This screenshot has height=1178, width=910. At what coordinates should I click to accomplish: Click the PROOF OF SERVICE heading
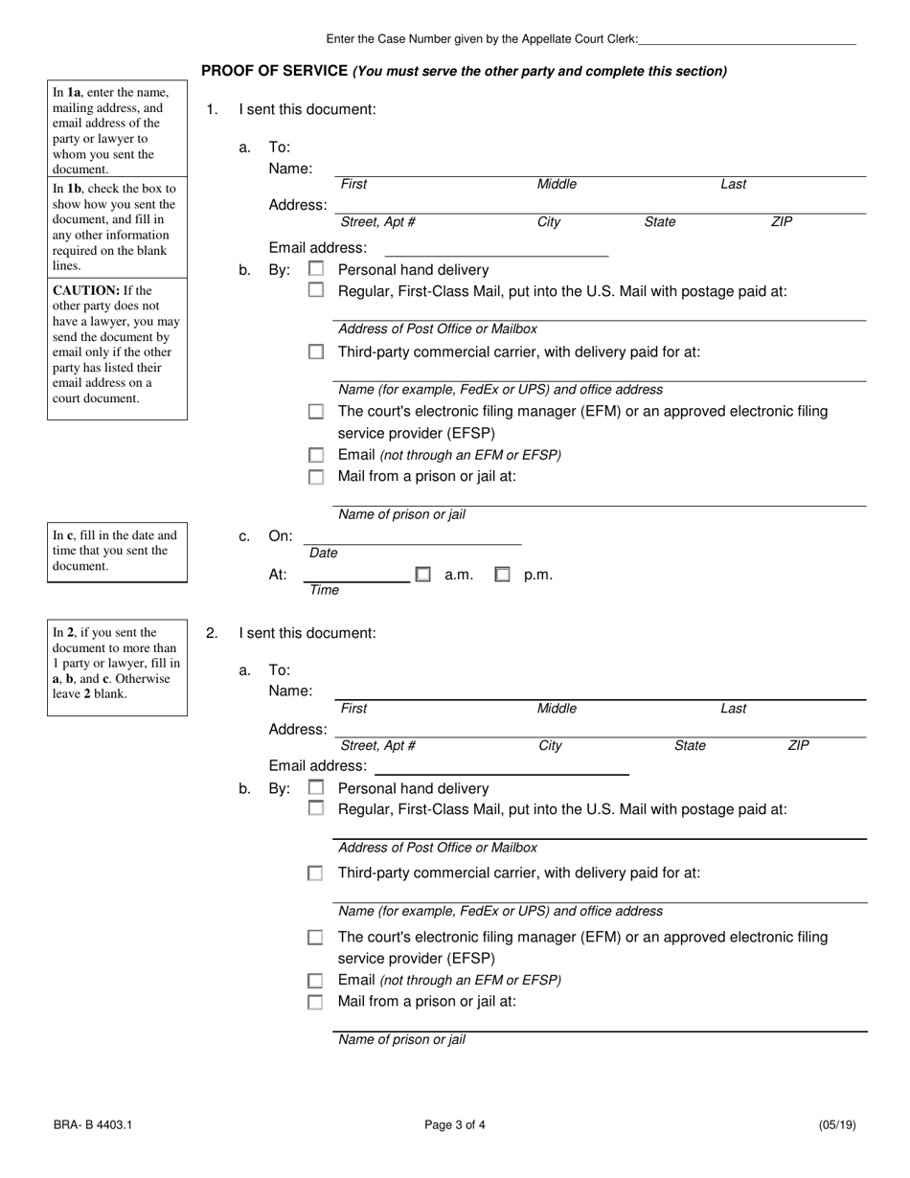pyautogui.click(x=274, y=71)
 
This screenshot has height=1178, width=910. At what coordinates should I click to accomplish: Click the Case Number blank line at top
pyautogui.click(x=746, y=40)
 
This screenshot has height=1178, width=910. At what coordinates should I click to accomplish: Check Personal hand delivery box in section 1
pyautogui.click(x=316, y=269)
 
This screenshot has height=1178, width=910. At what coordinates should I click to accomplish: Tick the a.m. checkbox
pyautogui.click(x=422, y=575)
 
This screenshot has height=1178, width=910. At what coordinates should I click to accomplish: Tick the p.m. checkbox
pyautogui.click(x=502, y=575)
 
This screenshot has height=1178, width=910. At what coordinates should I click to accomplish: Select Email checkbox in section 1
pyautogui.click(x=316, y=456)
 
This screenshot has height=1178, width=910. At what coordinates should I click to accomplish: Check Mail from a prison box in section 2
pyautogui.click(x=315, y=1002)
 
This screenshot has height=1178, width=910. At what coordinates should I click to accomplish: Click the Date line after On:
pyautogui.click(x=412, y=539)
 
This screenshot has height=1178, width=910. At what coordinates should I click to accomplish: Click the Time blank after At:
pyautogui.click(x=356, y=577)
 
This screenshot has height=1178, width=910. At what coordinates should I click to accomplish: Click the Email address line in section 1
pyautogui.click(x=495, y=252)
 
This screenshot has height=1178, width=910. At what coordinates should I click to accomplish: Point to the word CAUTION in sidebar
pyautogui.click(x=85, y=290)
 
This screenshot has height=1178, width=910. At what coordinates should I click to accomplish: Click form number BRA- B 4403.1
pyautogui.click(x=93, y=1125)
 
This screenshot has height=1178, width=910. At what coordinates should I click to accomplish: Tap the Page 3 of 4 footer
pyautogui.click(x=455, y=1125)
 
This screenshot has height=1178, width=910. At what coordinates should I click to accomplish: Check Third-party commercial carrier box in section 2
pyautogui.click(x=315, y=873)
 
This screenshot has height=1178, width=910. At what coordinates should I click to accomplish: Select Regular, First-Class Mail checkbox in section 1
pyautogui.click(x=316, y=290)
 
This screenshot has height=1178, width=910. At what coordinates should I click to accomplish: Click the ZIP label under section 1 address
pyautogui.click(x=782, y=222)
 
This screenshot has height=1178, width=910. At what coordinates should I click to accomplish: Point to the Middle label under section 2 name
pyautogui.click(x=557, y=709)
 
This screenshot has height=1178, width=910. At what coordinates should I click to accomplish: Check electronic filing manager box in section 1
pyautogui.click(x=316, y=412)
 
